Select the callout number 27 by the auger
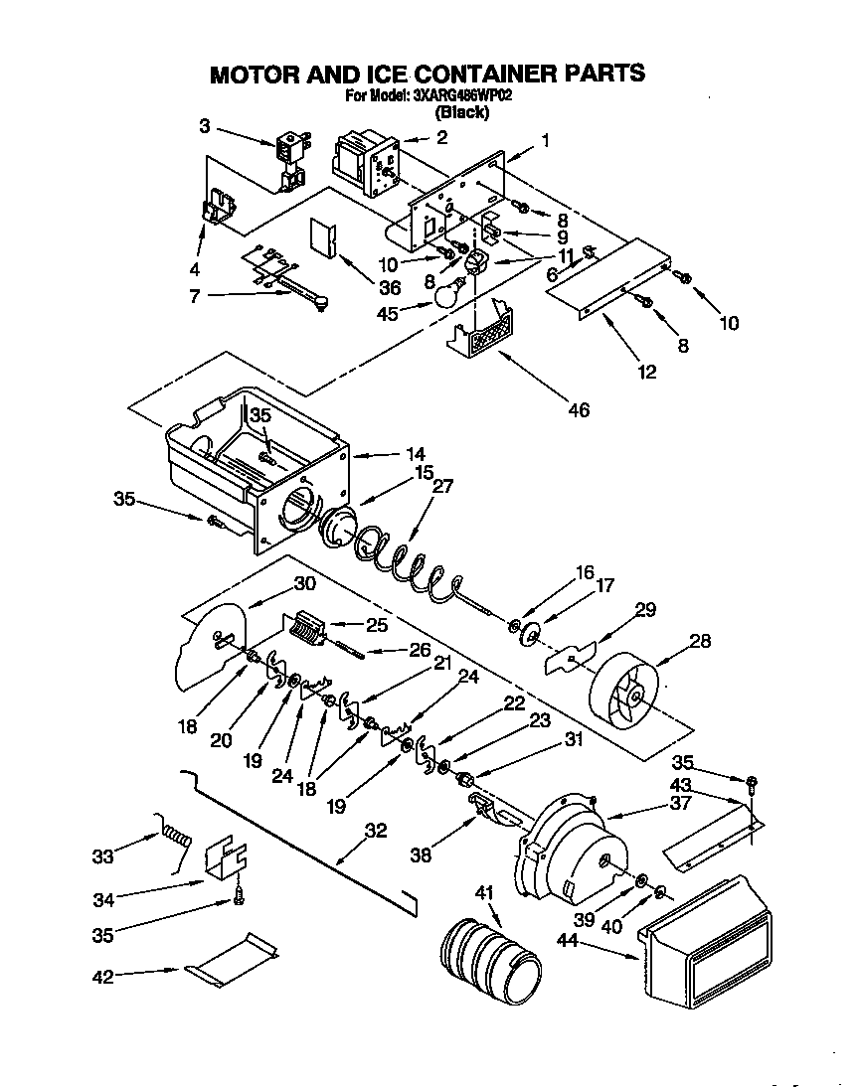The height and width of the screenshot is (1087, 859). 442,487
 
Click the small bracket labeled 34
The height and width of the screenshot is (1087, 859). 226,855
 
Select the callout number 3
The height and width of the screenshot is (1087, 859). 204,126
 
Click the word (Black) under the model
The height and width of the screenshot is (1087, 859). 462,112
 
